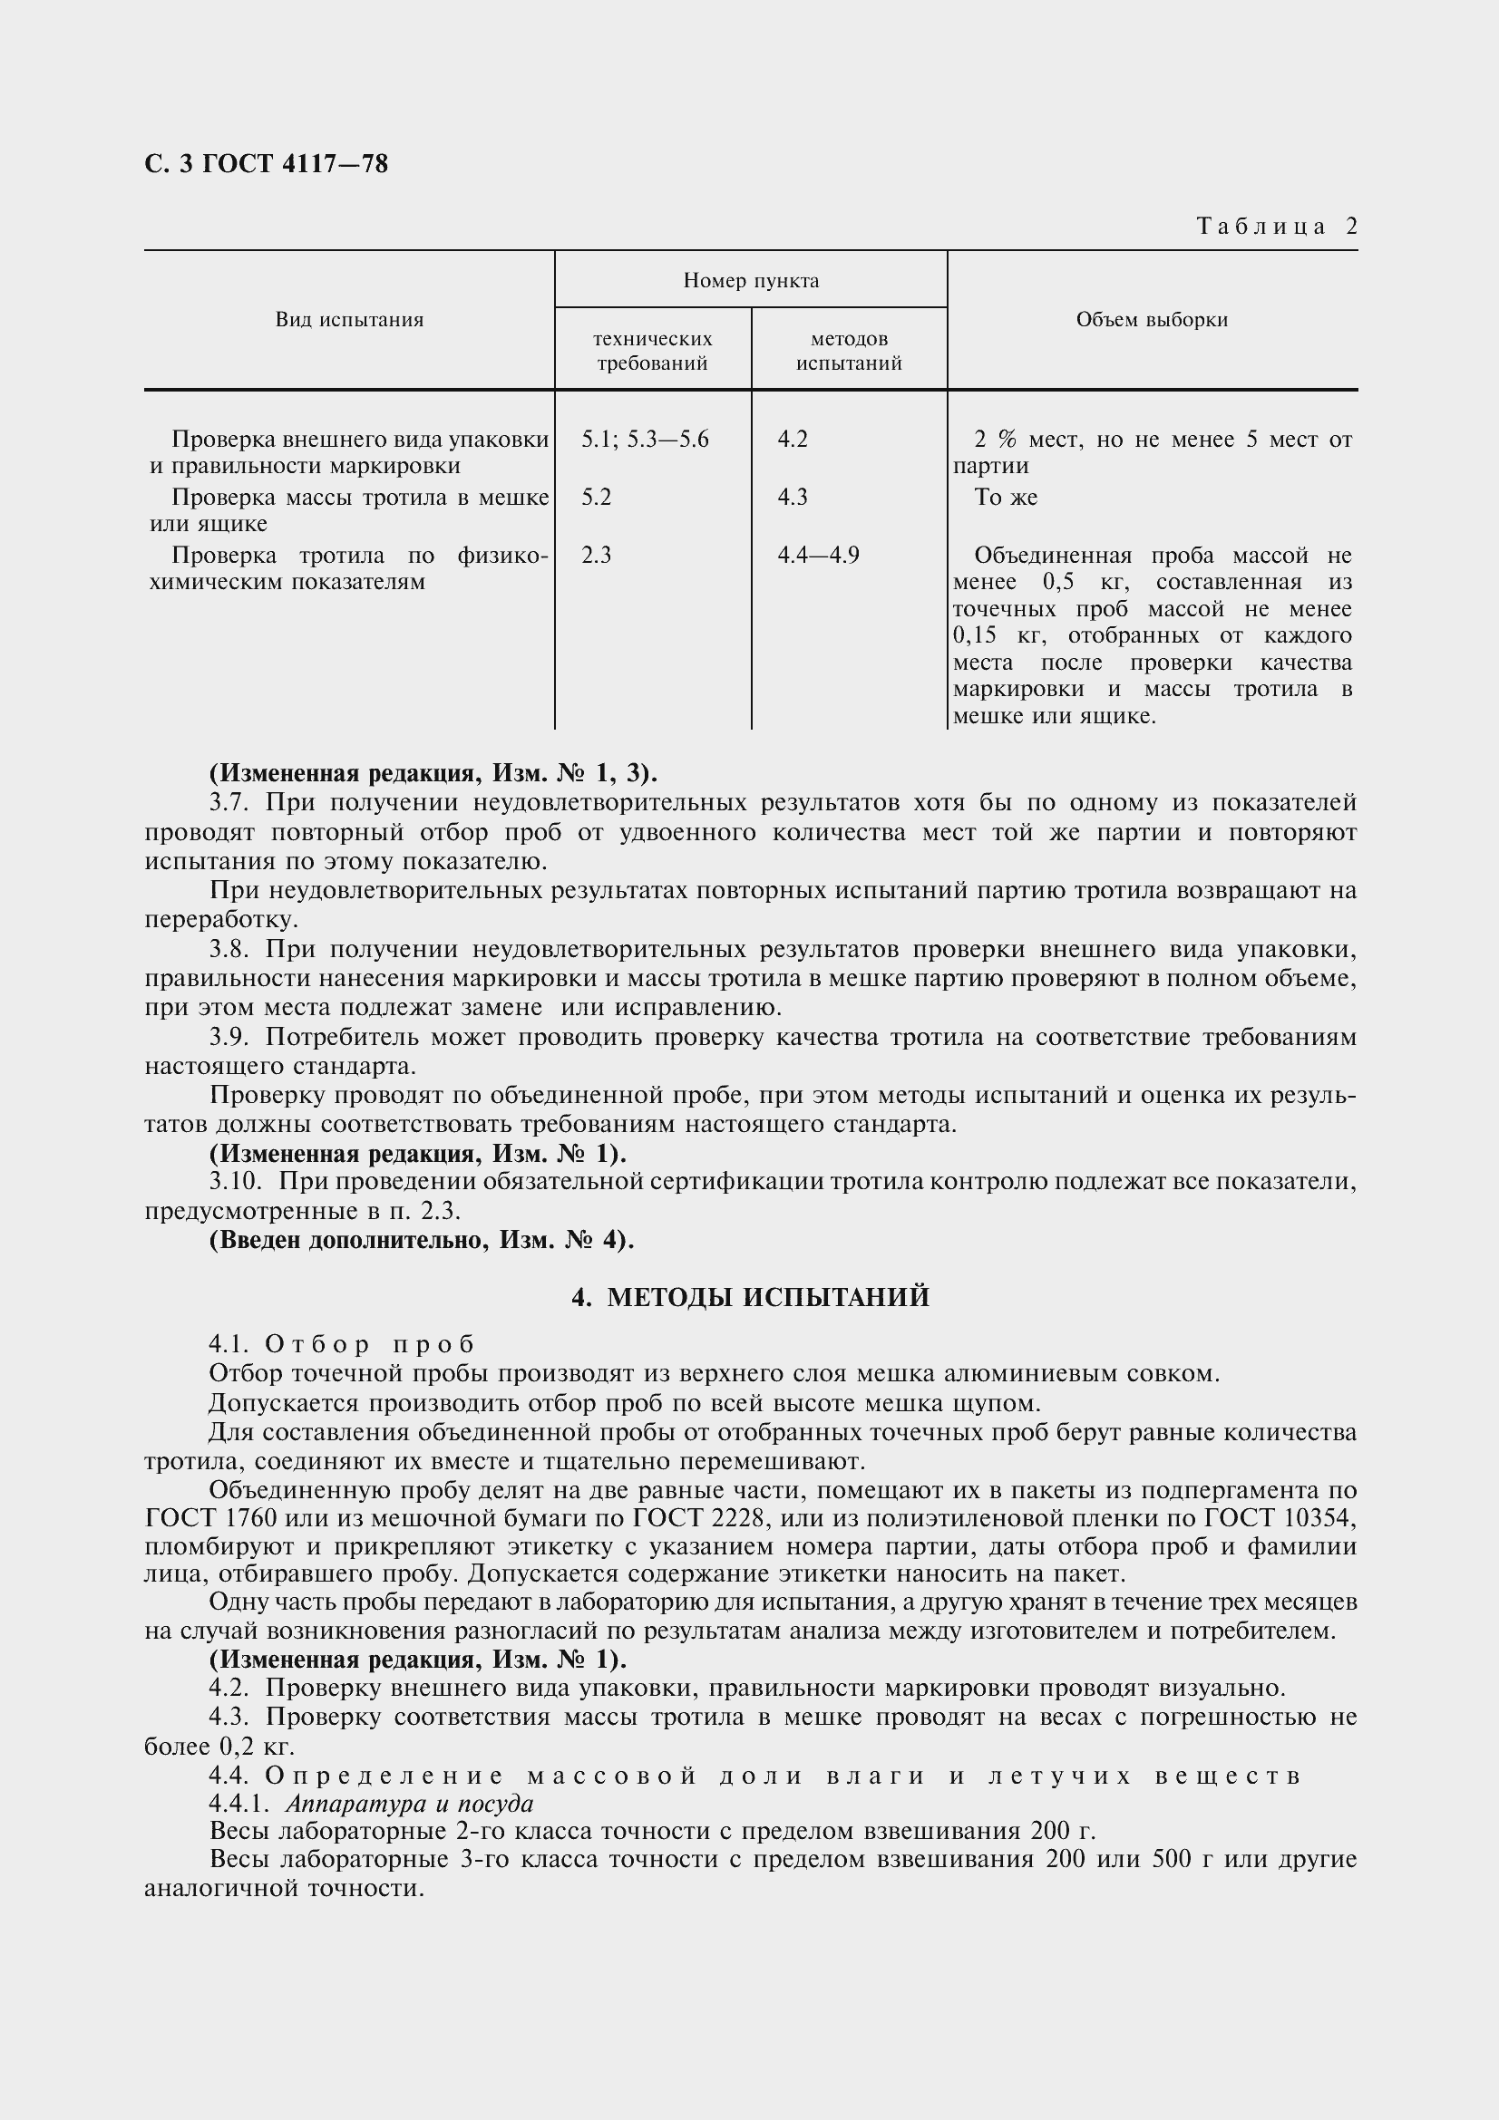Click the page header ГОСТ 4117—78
pyautogui.click(x=266, y=164)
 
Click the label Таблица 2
pyautogui.click(x=1277, y=227)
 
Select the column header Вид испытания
pyautogui.click(x=349, y=319)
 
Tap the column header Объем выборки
pyautogui.click(x=1152, y=319)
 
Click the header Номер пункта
pyautogui.click(x=751, y=280)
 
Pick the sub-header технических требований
pyautogui.click(x=652, y=351)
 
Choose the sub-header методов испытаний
pyautogui.click(x=849, y=351)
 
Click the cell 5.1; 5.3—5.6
pyautogui.click(x=645, y=440)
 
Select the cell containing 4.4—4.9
pyautogui.click(x=817, y=555)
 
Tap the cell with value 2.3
pyautogui.click(x=597, y=555)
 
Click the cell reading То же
pyautogui.click(x=1006, y=498)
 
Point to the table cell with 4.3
pyautogui.click(x=793, y=498)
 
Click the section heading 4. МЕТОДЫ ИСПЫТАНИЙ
pyautogui.click(x=750, y=1297)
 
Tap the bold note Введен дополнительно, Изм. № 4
pyautogui.click(x=422, y=1239)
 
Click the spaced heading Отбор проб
pyautogui.click(x=369, y=1343)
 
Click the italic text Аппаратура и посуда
pyautogui.click(x=409, y=1804)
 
